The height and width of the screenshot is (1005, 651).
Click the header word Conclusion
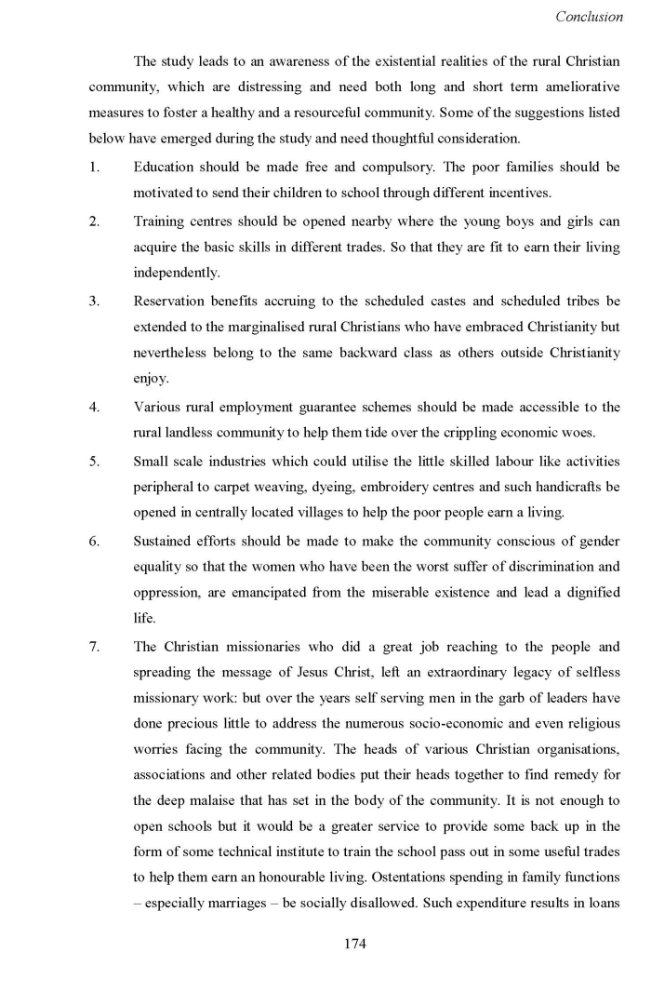pyautogui.click(x=589, y=17)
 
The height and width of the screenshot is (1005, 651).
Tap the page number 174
pyautogui.click(x=354, y=944)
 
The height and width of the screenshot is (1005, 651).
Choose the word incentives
pyautogui.click(x=517, y=194)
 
